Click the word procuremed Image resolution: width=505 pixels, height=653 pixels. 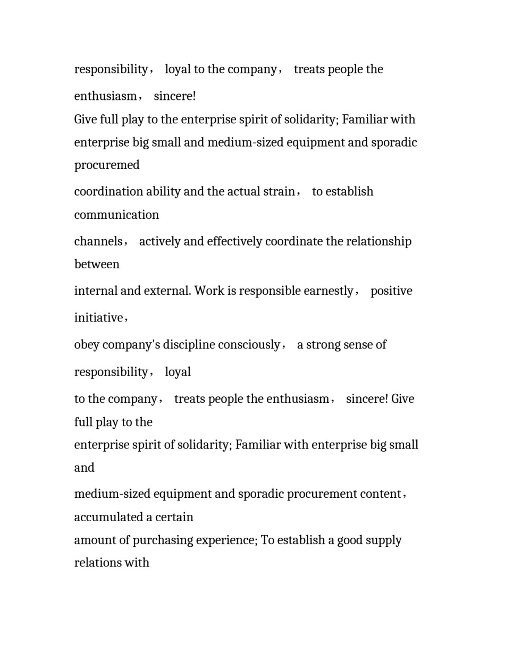(107, 165)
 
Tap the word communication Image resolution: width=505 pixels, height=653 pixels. (116, 215)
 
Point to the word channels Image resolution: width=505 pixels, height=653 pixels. (98, 242)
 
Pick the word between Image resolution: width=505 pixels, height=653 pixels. (97, 265)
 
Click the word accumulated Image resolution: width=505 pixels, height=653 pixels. (108, 518)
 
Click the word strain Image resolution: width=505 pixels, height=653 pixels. (279, 192)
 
